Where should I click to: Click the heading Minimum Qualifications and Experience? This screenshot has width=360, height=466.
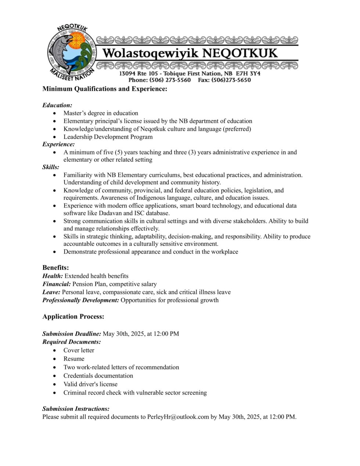coord(105,89)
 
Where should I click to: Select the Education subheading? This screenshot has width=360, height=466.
coord(57,105)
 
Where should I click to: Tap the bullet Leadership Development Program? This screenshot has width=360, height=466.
coord(108,137)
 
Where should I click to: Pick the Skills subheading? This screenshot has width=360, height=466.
coord(51,167)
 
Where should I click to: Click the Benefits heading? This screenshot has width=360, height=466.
coord(55,268)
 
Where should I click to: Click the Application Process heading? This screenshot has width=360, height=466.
coord(73,316)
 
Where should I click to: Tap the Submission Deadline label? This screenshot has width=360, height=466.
coord(72,334)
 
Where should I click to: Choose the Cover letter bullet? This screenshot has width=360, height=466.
coord(79,350)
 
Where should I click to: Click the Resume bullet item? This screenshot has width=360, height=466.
coord(74,359)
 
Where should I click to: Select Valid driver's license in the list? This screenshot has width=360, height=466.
coord(90,384)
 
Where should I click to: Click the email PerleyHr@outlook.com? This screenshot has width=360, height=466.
coord(178,417)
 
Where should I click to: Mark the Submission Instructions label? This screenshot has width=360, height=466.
coord(76,409)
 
